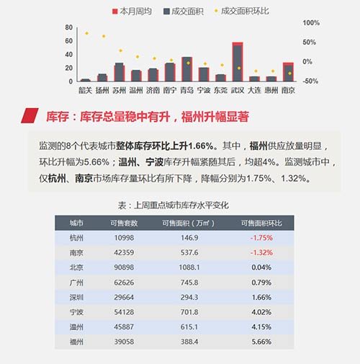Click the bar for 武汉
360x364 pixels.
click(x=238, y=62)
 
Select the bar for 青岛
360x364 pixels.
click(x=187, y=69)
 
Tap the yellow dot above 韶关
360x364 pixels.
click(x=87, y=33)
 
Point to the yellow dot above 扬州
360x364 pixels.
click(x=104, y=36)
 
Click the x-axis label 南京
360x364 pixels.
click(x=288, y=90)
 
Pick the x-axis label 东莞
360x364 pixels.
click(x=220, y=90)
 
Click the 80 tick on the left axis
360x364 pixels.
click(x=68, y=27)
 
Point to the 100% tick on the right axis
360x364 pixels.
click(x=311, y=23)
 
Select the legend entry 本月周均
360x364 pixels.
click(x=132, y=12)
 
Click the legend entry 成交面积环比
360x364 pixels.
click(x=241, y=11)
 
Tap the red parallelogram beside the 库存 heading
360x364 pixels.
click(x=30, y=115)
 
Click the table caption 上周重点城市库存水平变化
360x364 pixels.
click(x=181, y=205)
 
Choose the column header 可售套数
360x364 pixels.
click(x=124, y=223)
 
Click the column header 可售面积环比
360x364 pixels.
click(x=261, y=223)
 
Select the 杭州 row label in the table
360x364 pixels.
click(x=76, y=238)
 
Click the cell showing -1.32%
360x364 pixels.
click(x=261, y=253)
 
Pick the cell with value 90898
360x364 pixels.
click(x=124, y=267)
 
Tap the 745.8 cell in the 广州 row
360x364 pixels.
click(x=189, y=283)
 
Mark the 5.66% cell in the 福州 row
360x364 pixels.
click(x=261, y=342)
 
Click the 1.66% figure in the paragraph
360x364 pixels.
click(x=201, y=146)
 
